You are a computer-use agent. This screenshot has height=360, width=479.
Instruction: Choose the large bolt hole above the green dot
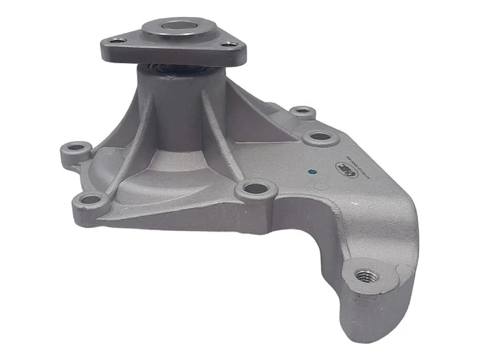click(320, 137)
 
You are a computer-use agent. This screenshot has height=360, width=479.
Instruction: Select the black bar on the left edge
click(18, 180)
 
